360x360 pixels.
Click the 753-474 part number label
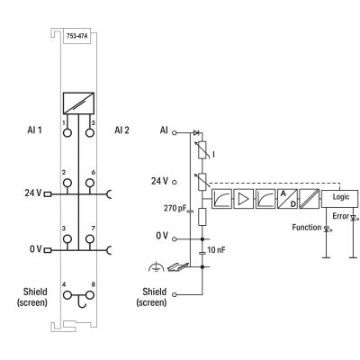click(77, 36)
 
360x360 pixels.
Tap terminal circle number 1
click(67, 132)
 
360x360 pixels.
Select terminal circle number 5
click(90, 132)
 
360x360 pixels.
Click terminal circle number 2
click(67, 183)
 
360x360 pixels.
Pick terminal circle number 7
click(90, 239)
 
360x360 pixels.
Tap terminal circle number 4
click(67, 295)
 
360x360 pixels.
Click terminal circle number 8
click(90, 295)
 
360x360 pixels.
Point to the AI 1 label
click(34, 130)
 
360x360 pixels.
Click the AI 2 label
click(121, 130)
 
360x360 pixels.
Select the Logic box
click(339, 199)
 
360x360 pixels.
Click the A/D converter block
click(288, 199)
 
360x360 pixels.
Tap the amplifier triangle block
click(244, 199)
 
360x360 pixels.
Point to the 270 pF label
click(175, 208)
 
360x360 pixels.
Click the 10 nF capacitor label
click(216, 249)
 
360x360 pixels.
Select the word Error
click(341, 216)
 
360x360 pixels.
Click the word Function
click(307, 228)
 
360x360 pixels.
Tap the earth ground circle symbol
click(157, 266)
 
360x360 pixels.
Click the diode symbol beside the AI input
click(197, 132)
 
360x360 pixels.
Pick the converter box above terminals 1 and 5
click(78, 103)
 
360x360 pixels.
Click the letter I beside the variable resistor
click(213, 155)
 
